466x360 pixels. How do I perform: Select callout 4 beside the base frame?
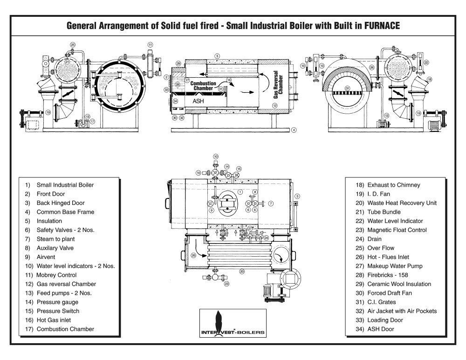pos(294,130)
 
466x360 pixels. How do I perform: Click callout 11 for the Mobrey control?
pos(150,45)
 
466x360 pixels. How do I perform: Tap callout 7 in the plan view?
pos(271,203)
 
